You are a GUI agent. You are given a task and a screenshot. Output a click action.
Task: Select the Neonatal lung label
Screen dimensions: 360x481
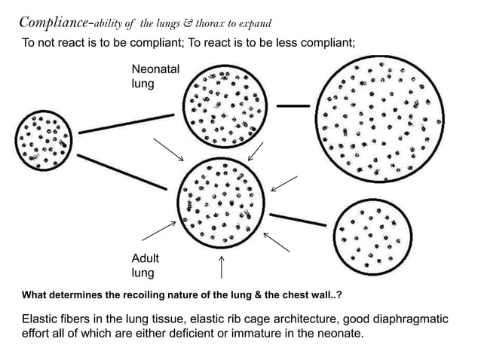click(155, 76)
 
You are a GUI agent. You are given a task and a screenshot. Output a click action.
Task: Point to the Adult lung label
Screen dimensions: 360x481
click(146, 266)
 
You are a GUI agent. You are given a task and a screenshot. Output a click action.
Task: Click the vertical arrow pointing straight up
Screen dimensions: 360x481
click(221, 267)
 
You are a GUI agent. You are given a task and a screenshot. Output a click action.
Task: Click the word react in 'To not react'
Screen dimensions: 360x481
click(78, 43)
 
